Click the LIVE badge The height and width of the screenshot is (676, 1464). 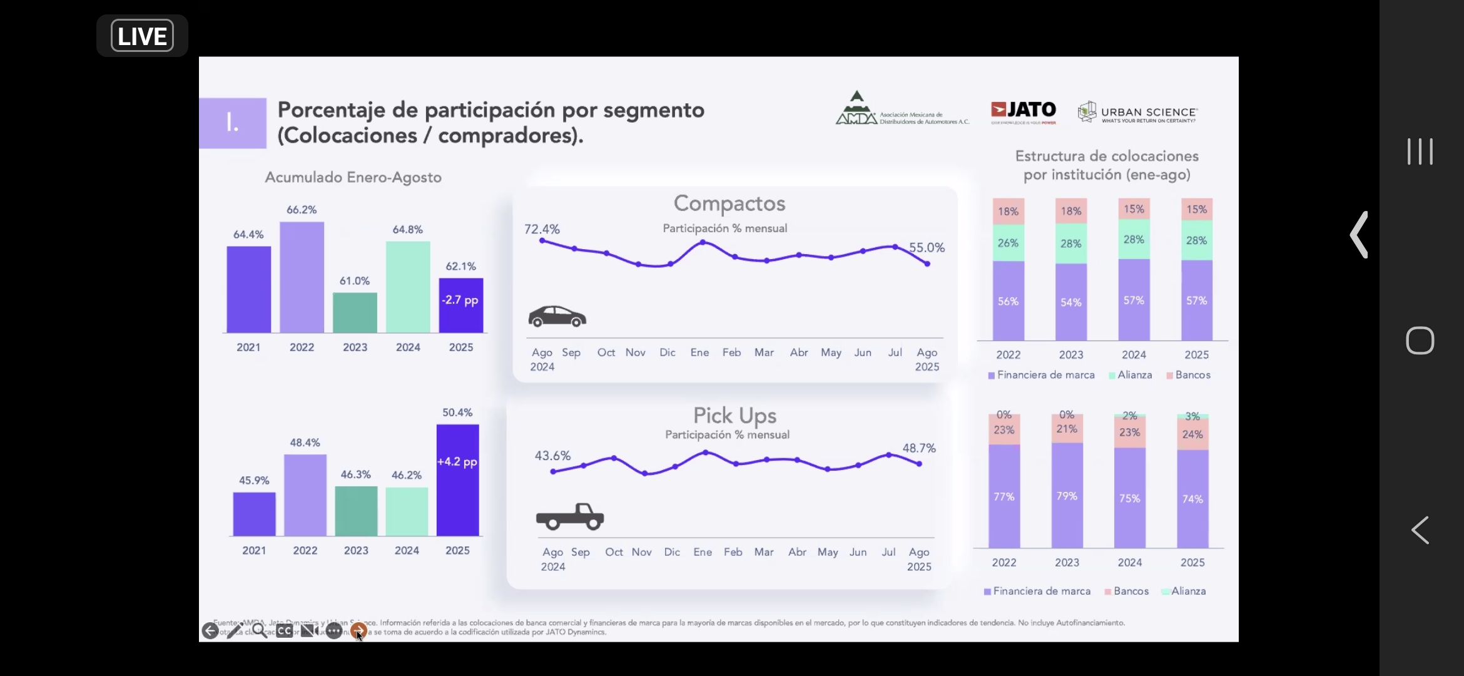point(142,36)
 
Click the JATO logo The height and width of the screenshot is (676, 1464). point(1024,111)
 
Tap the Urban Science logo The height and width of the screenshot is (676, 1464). point(1137,113)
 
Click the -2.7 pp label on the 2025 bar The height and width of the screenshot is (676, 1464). point(460,300)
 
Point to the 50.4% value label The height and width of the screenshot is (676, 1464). point(457,412)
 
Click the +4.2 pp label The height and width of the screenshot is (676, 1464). point(457,462)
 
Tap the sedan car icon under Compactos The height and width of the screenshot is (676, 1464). point(557,316)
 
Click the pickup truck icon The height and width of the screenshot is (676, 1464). point(570,516)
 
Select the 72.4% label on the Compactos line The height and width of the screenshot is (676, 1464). point(542,229)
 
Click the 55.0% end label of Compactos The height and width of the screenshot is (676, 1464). point(927,247)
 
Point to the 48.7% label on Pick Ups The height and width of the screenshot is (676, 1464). point(919,448)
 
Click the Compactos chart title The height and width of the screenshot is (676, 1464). point(729,203)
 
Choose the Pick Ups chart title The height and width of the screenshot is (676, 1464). point(735,416)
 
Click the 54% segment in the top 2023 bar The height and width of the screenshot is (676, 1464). point(1070,302)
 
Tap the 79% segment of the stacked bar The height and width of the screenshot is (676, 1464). point(1067,496)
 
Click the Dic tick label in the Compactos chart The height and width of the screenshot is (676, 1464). point(668,352)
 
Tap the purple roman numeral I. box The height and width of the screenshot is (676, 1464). point(233,123)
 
